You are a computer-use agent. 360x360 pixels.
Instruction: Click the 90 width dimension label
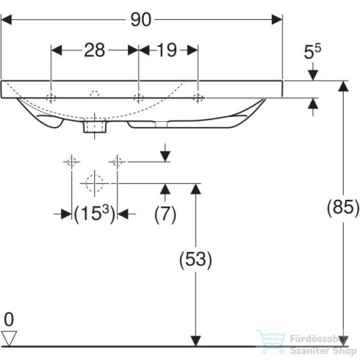143,20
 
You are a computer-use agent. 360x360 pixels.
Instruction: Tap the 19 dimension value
168,50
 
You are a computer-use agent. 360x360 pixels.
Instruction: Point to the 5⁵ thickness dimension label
313,54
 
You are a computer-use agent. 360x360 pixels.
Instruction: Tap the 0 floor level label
8,320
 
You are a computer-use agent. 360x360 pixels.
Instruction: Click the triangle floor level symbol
9,337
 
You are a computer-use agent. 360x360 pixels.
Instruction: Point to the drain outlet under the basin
94,128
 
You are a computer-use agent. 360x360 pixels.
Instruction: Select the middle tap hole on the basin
138,98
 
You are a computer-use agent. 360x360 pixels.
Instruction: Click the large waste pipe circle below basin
94,181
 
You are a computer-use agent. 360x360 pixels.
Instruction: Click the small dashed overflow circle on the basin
94,93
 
